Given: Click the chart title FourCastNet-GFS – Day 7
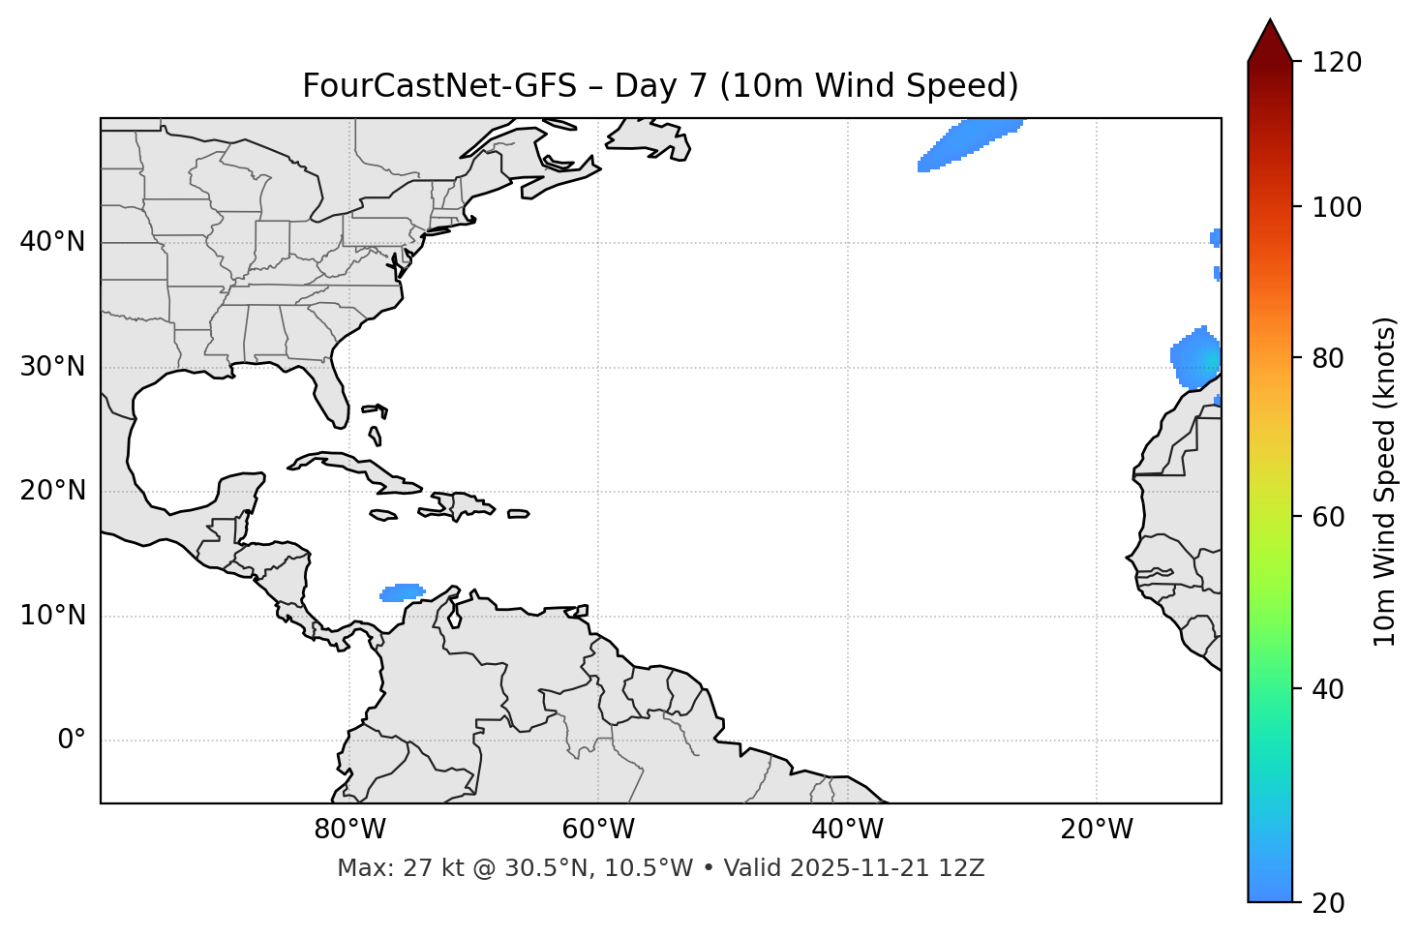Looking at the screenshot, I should click(x=660, y=86).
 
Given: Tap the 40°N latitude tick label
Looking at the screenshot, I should click(x=52, y=242).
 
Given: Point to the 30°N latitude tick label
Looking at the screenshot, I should click(x=52, y=367).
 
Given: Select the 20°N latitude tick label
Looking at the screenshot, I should click(x=52, y=491).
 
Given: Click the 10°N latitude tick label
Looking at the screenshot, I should click(x=52, y=616).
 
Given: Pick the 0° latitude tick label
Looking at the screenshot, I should click(x=72, y=741).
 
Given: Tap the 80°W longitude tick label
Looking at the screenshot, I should click(x=349, y=830).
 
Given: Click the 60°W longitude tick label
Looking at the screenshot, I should click(x=598, y=830).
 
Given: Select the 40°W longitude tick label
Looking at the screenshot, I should click(x=847, y=830).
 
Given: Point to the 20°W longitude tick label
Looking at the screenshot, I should click(x=1096, y=830).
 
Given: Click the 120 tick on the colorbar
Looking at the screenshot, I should click(x=1337, y=63).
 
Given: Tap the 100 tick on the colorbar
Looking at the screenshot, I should click(x=1337, y=207).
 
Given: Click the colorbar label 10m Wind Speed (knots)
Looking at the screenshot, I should click(x=1385, y=481).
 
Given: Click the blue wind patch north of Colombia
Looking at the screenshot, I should click(x=402, y=592).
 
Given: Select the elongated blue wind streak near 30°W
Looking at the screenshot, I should click(x=968, y=142).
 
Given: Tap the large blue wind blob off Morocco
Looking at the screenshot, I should click(x=1196, y=357).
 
